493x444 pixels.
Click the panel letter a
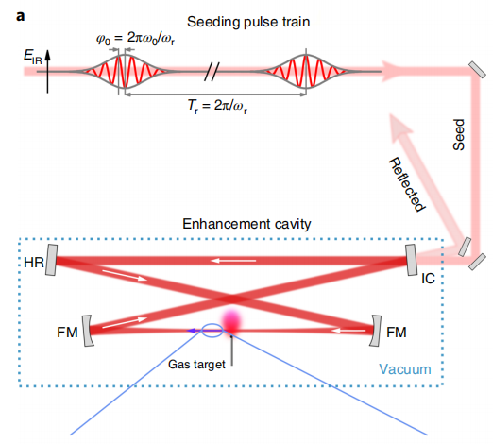20,16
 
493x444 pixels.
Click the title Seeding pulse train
248,22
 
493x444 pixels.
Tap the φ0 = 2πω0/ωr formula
136,39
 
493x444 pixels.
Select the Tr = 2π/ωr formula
217,106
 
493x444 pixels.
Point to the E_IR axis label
33,57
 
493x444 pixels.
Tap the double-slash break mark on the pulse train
212,72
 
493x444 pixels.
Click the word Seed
459,135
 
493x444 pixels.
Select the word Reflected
408,184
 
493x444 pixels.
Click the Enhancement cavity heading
246,224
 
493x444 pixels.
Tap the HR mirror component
51,260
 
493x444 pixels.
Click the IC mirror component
411,260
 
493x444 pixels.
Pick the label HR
34,263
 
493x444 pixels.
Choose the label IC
428,279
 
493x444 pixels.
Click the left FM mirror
87,331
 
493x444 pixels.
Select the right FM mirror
375,331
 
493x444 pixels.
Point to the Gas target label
196,365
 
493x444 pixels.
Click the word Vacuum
405,369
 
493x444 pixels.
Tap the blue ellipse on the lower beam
212,324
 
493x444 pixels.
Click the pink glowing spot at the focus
231,321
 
